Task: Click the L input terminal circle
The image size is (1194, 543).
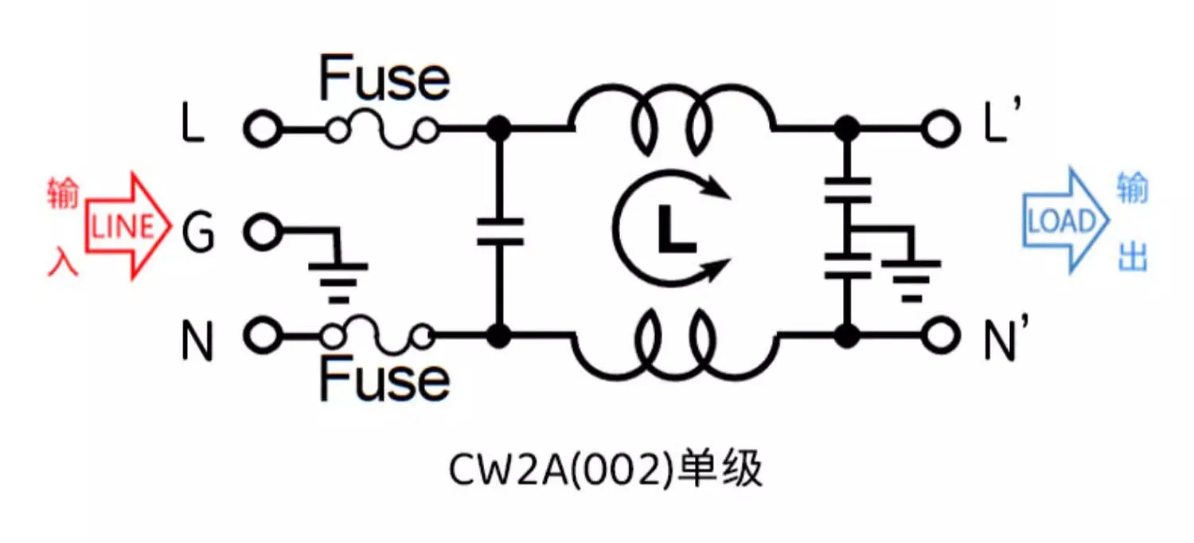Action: pyautogui.click(x=262, y=128)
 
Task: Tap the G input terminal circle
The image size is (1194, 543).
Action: pyautogui.click(x=262, y=232)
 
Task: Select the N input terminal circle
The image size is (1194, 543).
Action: pyautogui.click(x=262, y=336)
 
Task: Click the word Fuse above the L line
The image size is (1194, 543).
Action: pyautogui.click(x=384, y=78)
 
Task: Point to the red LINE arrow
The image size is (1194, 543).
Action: pyautogui.click(x=127, y=227)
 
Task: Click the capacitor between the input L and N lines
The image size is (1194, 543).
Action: pyautogui.click(x=499, y=232)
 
